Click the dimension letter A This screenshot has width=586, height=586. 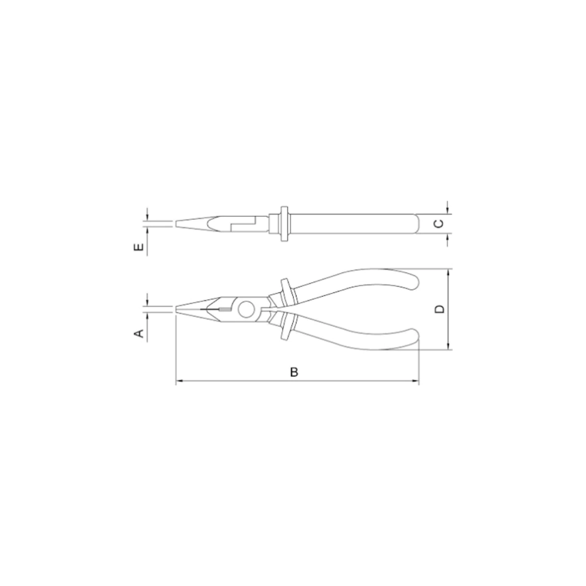point(139,332)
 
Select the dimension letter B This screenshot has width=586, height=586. point(295,372)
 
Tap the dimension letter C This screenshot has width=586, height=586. point(439,224)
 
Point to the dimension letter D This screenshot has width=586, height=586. point(440,309)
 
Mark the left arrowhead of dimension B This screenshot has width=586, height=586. point(179,381)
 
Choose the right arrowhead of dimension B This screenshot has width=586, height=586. point(415,381)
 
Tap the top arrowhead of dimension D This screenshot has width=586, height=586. point(448,272)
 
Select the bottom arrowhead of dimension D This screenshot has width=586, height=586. point(448,346)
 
